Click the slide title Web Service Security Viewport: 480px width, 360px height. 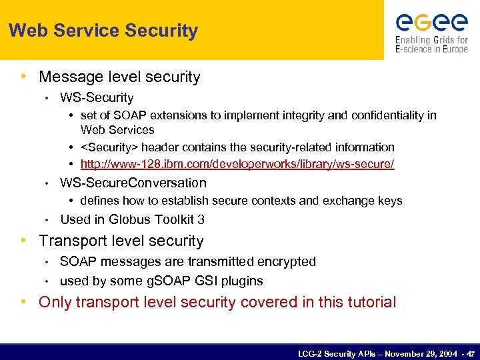(103, 31)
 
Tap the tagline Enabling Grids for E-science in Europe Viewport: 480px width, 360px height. (431, 44)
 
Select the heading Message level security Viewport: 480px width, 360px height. (119, 77)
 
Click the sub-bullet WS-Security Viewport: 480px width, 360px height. (97, 98)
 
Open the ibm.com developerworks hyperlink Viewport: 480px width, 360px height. (237, 164)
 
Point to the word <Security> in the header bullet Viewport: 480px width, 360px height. (109, 147)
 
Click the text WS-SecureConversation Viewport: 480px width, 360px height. (133, 183)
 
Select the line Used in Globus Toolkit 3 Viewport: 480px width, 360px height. (132, 219)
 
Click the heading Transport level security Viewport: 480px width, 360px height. (121, 241)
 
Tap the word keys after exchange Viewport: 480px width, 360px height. (390, 201)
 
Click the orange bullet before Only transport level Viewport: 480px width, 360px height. (24, 302)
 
